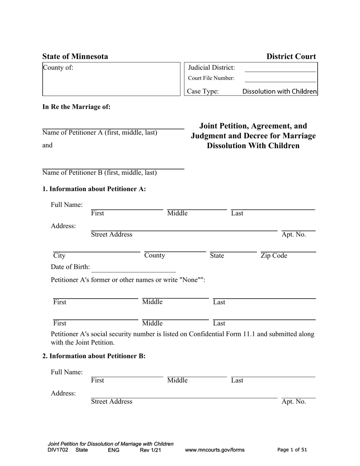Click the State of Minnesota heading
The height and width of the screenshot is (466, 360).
click(x=75, y=57)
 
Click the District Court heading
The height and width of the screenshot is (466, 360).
click(x=291, y=57)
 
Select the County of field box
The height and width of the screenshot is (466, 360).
click(x=111, y=79)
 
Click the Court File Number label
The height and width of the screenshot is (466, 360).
click(x=211, y=78)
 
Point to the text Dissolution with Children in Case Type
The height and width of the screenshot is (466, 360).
click(x=279, y=91)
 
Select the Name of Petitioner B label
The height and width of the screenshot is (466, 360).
click(x=99, y=173)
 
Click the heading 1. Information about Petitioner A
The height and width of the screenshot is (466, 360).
click(x=94, y=189)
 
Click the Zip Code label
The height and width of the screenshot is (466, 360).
click(x=274, y=256)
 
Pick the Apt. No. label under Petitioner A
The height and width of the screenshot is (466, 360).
click(x=294, y=235)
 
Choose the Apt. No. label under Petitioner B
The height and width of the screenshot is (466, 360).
click(x=294, y=402)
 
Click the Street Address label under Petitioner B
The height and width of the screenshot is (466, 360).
click(x=112, y=402)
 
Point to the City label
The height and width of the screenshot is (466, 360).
click(x=59, y=256)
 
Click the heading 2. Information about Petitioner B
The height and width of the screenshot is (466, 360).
click(x=94, y=356)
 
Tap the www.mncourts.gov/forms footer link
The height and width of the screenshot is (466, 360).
click(x=214, y=450)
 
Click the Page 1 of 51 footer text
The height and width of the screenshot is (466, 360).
click(x=292, y=450)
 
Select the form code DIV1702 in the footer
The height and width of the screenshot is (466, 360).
click(x=58, y=450)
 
